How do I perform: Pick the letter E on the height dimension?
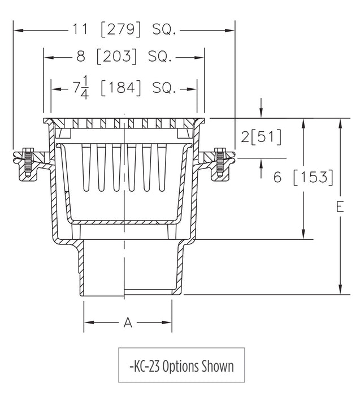pyautogui.click(x=340, y=208)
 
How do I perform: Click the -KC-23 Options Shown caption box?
pyautogui.click(x=181, y=366)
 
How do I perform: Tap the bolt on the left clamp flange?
pyautogui.click(x=26, y=162)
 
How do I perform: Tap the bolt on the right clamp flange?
pyautogui.click(x=219, y=162)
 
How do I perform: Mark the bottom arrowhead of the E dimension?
pyautogui.click(x=340, y=291)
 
